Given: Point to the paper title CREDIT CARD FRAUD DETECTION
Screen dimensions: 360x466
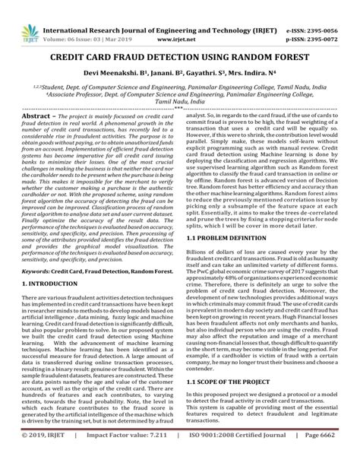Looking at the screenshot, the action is pos(181,57).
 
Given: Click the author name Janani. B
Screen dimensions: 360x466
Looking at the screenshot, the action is pos(166,74).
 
